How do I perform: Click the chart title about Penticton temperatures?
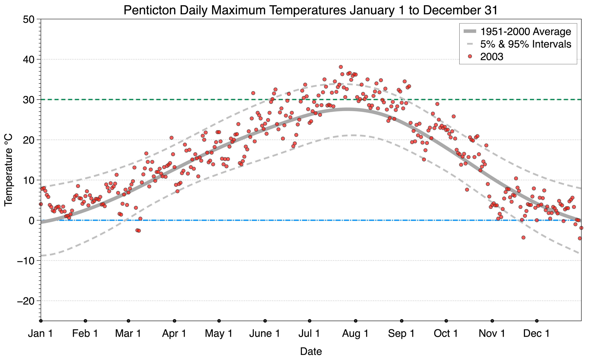tap(311, 11)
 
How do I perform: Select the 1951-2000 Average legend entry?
tap(525, 32)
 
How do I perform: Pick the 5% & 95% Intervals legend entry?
tap(525, 44)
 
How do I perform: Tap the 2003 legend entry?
tap(491, 57)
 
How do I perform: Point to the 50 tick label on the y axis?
tap(28, 19)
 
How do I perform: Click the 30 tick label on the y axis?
tap(28, 100)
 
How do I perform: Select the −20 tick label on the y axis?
tap(25, 301)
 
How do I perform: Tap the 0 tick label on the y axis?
tap(32, 221)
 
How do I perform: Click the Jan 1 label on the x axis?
tap(40, 334)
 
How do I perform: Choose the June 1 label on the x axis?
tap(265, 334)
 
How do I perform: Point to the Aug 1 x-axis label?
tap(355, 334)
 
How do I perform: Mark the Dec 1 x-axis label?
tap(537, 334)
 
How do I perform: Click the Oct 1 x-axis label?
tap(446, 334)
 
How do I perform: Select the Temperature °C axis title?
tap(9, 170)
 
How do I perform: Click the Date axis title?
tap(311, 351)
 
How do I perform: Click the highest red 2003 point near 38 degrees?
tap(341, 67)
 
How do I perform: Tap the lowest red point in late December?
tap(580, 238)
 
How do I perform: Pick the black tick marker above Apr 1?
tap(174, 321)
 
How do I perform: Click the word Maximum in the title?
tap(238, 11)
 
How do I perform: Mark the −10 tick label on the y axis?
tap(25, 261)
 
